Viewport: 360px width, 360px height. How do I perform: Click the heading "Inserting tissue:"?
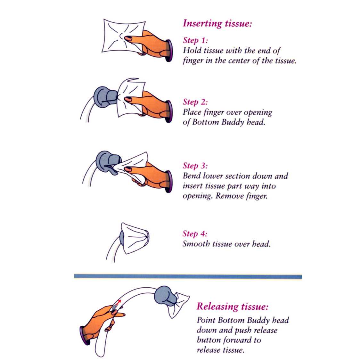coord(217,23)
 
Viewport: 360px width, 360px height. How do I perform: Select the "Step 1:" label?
coord(195,40)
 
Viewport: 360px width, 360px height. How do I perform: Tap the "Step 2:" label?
coord(195,102)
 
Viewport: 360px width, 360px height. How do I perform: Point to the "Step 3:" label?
coord(195,166)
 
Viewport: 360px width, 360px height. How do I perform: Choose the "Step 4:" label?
coord(195,234)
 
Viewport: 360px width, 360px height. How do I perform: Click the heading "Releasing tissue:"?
coord(232,307)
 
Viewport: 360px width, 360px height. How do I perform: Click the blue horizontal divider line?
coord(188,276)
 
